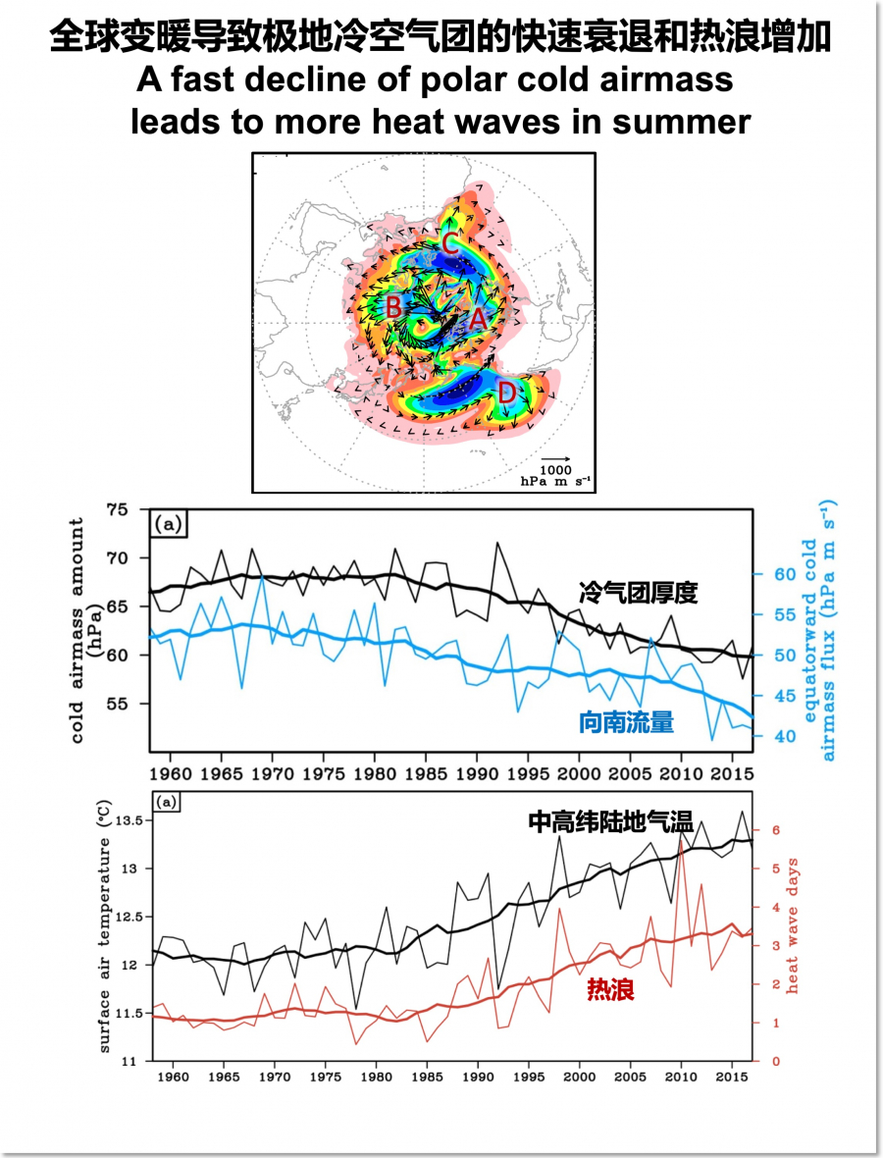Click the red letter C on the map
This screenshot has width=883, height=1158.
coord(448,243)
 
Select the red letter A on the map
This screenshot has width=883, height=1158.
coord(478,319)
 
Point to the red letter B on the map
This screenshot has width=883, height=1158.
coord(392,307)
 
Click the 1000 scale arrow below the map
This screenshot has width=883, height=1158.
coord(556,458)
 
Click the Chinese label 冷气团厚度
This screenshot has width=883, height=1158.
coord(639,592)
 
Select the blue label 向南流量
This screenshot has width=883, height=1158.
coord(634,723)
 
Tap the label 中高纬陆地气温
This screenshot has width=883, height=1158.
coord(611,822)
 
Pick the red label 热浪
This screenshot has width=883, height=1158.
coord(610,990)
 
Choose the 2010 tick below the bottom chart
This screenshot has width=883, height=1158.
coord(680,1077)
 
